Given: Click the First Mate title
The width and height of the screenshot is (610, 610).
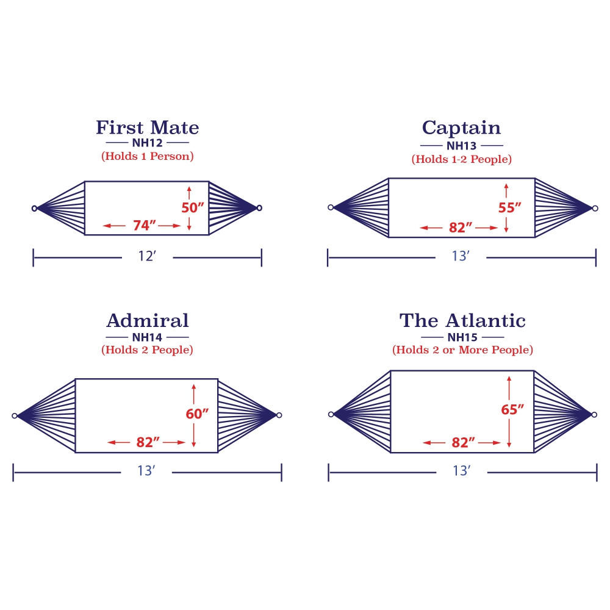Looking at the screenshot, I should coord(147,127).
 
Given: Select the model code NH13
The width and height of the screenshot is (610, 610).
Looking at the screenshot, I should coord(461,146).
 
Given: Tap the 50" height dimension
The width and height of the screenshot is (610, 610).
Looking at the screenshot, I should coord(193,207).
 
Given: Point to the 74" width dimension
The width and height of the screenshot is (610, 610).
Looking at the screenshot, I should coord(142,226).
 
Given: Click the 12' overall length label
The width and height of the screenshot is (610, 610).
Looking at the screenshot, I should coord(147,257).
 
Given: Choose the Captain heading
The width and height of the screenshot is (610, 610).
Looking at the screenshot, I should coord(461,128).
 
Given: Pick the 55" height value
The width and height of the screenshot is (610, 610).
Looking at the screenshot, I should coord(510,207).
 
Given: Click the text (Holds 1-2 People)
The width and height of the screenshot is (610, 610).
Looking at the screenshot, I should coord(461,159).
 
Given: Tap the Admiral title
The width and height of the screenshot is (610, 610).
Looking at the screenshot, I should coord(147,320).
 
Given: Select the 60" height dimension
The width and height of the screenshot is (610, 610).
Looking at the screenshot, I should coord(197,414).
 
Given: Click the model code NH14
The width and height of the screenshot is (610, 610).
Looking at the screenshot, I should coord(147,337).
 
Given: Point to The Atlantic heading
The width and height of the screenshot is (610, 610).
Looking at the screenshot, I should coord(462,320).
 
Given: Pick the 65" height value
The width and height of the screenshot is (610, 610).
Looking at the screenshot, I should coord(512,410).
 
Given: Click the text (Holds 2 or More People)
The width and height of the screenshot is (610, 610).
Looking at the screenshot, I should coord(462,350).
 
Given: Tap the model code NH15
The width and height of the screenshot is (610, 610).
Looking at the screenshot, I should coord(462,337).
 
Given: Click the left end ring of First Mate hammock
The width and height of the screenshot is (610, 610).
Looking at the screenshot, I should coord(34,208).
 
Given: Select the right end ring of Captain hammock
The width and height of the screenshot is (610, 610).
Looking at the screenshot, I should coord(595,208).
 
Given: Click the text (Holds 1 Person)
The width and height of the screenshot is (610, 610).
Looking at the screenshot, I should coord(147,156).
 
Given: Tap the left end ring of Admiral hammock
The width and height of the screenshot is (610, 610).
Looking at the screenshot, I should coord(15,415).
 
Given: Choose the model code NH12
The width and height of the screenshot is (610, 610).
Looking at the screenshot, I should coord(147,143).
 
